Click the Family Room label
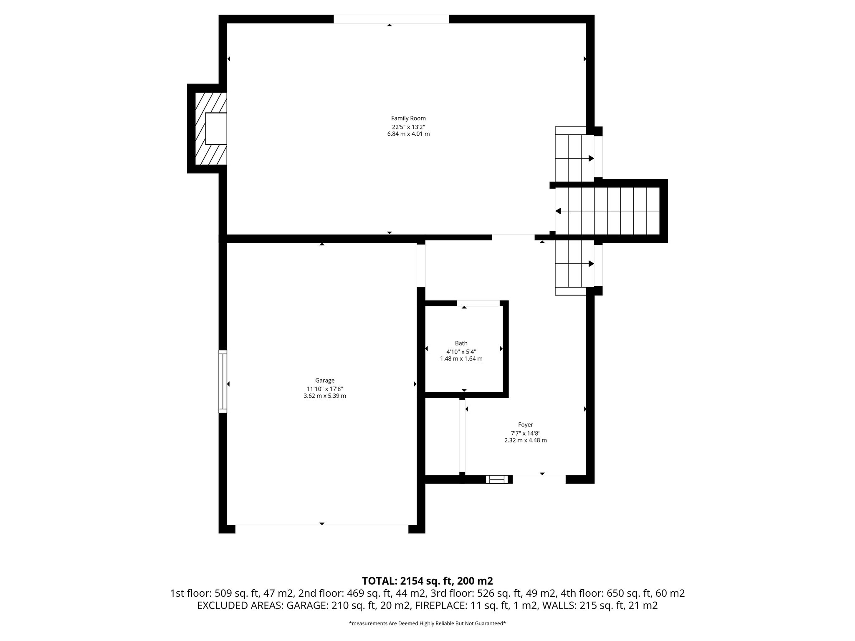(408, 119)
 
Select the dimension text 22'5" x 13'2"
(408, 126)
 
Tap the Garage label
(324, 381)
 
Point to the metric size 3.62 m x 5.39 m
(324, 396)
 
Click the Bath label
(461, 343)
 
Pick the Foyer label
(525, 425)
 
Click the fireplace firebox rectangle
(215, 129)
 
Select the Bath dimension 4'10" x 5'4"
(461, 351)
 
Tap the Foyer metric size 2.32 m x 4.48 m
(525, 440)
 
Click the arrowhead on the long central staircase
(558, 211)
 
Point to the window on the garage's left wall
(223, 381)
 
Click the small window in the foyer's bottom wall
(497, 479)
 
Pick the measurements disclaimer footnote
(427, 623)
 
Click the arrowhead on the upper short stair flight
(591, 159)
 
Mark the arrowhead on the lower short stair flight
(591, 264)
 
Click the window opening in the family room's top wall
(391, 19)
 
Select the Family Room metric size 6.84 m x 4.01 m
(408, 134)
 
